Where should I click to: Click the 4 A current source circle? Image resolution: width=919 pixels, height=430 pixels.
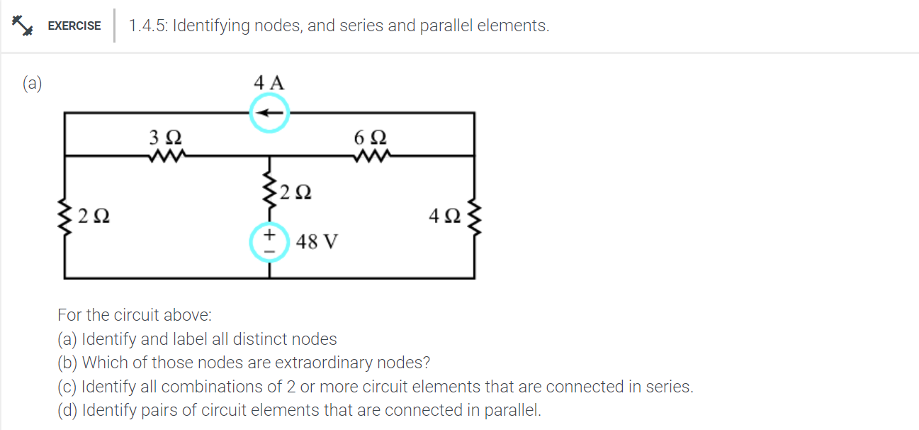pyautogui.click(x=269, y=114)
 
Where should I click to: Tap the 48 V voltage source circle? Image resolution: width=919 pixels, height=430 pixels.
pyautogui.click(x=269, y=243)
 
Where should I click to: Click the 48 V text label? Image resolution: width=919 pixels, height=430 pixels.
pyautogui.click(x=317, y=242)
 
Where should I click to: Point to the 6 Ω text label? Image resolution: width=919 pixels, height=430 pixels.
pyautogui.click(x=370, y=136)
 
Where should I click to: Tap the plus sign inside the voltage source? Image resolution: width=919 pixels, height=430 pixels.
pyautogui.click(x=269, y=235)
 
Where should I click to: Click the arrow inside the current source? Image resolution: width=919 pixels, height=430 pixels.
pyautogui.click(x=269, y=114)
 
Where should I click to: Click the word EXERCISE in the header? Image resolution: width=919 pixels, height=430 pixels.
pyautogui.click(x=74, y=26)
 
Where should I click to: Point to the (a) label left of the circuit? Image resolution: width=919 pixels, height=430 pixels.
pyautogui.click(x=32, y=84)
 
